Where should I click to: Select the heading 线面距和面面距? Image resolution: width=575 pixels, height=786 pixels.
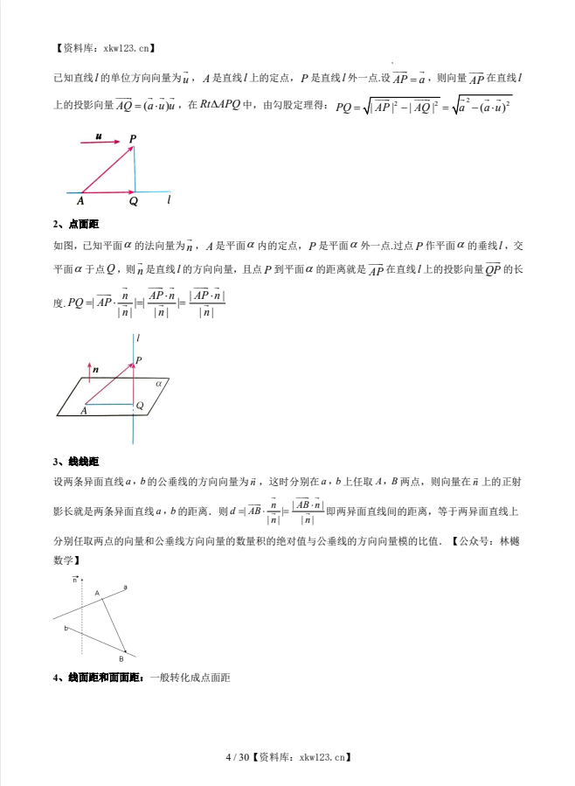point(104,678)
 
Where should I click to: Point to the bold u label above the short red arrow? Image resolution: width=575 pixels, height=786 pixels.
point(99,137)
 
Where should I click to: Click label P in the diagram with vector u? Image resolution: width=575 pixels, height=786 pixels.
point(133,138)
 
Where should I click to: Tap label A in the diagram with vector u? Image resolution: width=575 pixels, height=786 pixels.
point(80,201)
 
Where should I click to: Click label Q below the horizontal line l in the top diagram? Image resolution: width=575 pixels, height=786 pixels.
point(134,201)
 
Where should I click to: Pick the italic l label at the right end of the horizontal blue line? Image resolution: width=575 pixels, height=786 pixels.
point(169,200)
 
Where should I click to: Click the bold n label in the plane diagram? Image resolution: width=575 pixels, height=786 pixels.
point(96,370)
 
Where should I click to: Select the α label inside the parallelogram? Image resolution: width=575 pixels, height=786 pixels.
point(159,383)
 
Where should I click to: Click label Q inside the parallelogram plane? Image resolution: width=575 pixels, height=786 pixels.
point(140,406)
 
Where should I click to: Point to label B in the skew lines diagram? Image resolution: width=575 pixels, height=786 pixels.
point(121,658)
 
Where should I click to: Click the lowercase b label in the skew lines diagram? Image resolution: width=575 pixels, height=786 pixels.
point(66,629)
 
